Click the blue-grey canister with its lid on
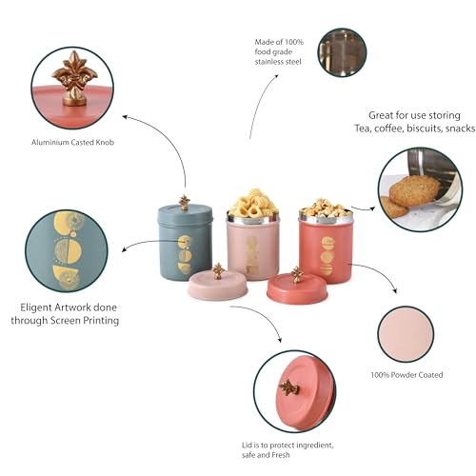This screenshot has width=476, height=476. pyautogui.click(x=185, y=241)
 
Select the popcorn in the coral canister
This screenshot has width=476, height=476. pyautogui.click(x=326, y=208)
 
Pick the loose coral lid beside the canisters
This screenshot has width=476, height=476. pyautogui.click(x=297, y=288)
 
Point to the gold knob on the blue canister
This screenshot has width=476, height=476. pyautogui.click(x=184, y=203)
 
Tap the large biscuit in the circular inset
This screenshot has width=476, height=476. pyautogui.click(x=415, y=191)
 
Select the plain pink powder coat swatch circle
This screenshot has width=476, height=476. pyautogui.click(x=406, y=334)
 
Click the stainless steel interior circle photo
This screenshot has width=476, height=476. pyautogui.click(x=342, y=52)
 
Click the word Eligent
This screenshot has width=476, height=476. pyautogui.click(x=35, y=307)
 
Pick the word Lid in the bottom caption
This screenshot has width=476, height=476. pyautogui.click(x=247, y=446)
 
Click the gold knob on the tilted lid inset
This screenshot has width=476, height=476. pyautogui.click(x=288, y=387)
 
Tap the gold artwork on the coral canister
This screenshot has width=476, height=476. pyautogui.click(x=327, y=255)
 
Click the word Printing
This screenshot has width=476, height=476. pyautogui.click(x=101, y=321)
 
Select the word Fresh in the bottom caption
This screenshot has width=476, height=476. pyautogui.click(x=281, y=455)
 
